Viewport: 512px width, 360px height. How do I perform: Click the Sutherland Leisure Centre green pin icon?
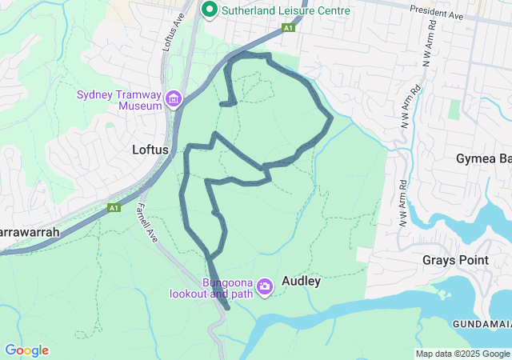pos(210,10)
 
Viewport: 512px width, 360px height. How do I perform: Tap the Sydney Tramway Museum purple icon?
pos(174,99)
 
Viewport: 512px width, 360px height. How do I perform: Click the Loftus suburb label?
pos(149,150)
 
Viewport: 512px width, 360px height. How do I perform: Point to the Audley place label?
pos(302,282)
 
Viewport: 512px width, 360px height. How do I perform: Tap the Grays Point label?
pos(455,260)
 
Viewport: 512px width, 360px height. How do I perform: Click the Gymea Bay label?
pos(484,158)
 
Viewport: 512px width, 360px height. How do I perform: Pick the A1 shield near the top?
pos(288,28)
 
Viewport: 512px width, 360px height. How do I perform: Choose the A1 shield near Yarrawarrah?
pos(114,208)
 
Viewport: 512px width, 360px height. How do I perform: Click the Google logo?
pos(26,350)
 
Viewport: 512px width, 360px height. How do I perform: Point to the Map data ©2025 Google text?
pos(462,354)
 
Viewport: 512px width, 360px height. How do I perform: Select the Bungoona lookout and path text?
pos(211,288)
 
